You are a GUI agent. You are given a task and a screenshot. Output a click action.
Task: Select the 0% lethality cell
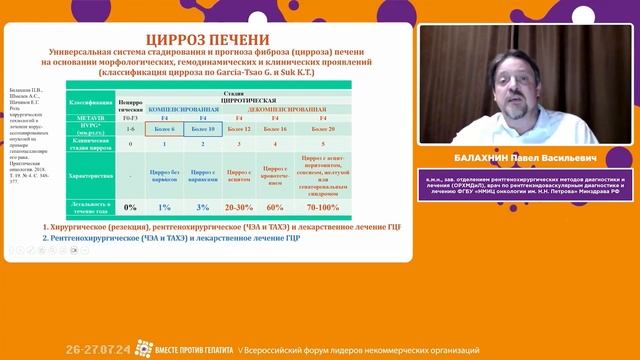click(x=130, y=207)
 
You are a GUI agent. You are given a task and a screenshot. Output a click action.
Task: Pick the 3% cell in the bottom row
click(x=202, y=207)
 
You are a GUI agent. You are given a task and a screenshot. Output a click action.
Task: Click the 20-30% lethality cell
click(x=240, y=207)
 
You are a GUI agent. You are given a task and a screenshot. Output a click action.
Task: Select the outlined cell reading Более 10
click(x=202, y=129)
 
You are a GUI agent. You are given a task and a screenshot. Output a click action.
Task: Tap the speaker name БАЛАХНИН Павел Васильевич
click(x=525, y=158)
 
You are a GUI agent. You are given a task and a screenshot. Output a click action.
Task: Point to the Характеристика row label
click(x=88, y=174)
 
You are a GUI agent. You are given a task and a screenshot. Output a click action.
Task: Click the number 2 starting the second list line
click(x=47, y=238)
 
